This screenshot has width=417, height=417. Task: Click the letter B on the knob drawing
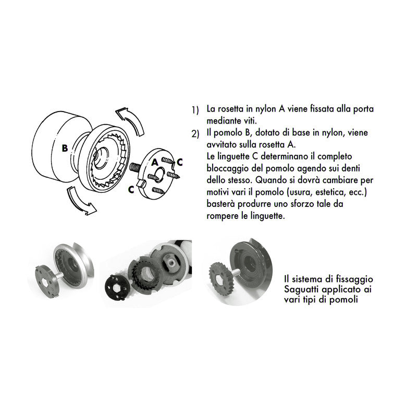point(65,148)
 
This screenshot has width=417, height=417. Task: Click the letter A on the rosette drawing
point(155,163)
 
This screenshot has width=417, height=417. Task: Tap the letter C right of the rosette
point(179,162)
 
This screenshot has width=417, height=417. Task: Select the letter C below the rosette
point(131,190)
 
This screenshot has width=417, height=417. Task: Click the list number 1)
point(195,110)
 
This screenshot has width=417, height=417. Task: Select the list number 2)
point(195,134)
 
